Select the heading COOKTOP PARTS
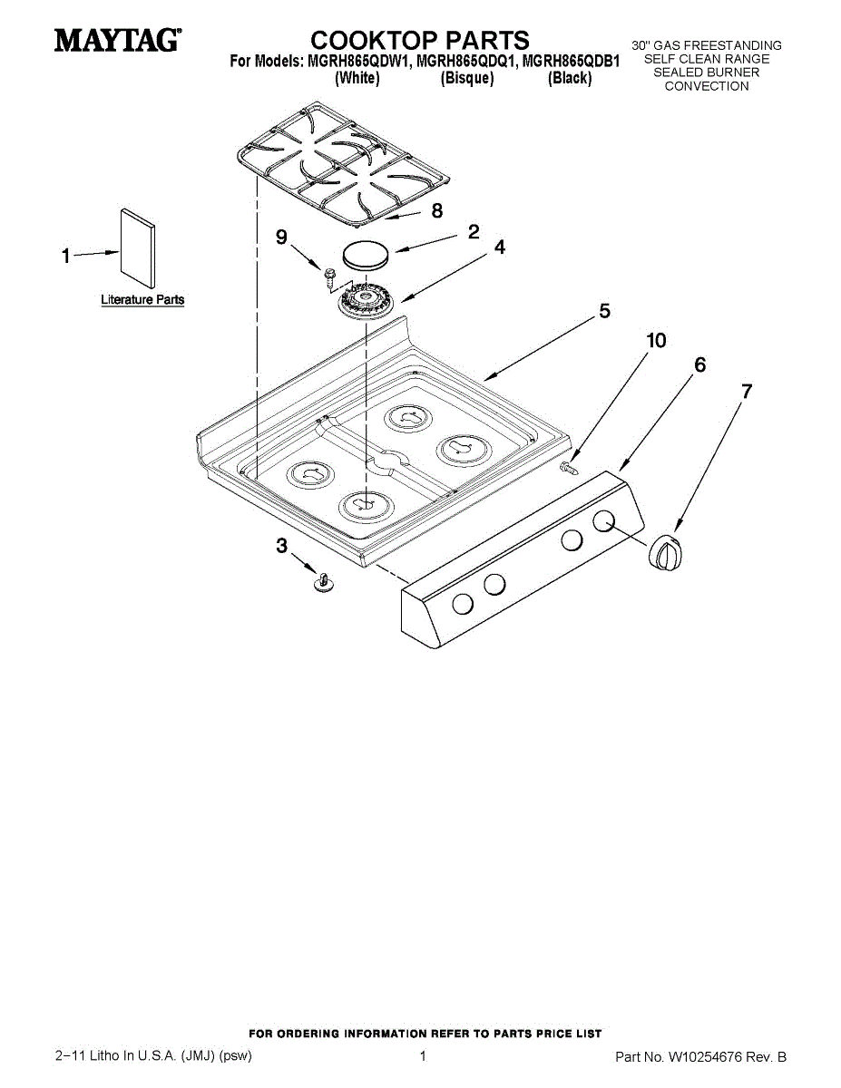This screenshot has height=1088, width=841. coord(420,40)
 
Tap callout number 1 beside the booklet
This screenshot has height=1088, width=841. coord(65,257)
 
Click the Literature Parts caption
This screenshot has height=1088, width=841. coord(142,299)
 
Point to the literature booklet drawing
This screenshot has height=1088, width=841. coord(137,244)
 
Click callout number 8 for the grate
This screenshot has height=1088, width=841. coord(436,210)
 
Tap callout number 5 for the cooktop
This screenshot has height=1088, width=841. coord(604,311)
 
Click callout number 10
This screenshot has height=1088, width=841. coord(655,340)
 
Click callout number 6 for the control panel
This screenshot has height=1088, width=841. coord(699,364)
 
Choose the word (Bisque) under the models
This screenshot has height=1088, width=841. coord(467,79)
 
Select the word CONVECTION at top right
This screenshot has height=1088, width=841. coord(707,86)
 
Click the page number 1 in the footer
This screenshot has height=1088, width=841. coord(423,1056)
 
